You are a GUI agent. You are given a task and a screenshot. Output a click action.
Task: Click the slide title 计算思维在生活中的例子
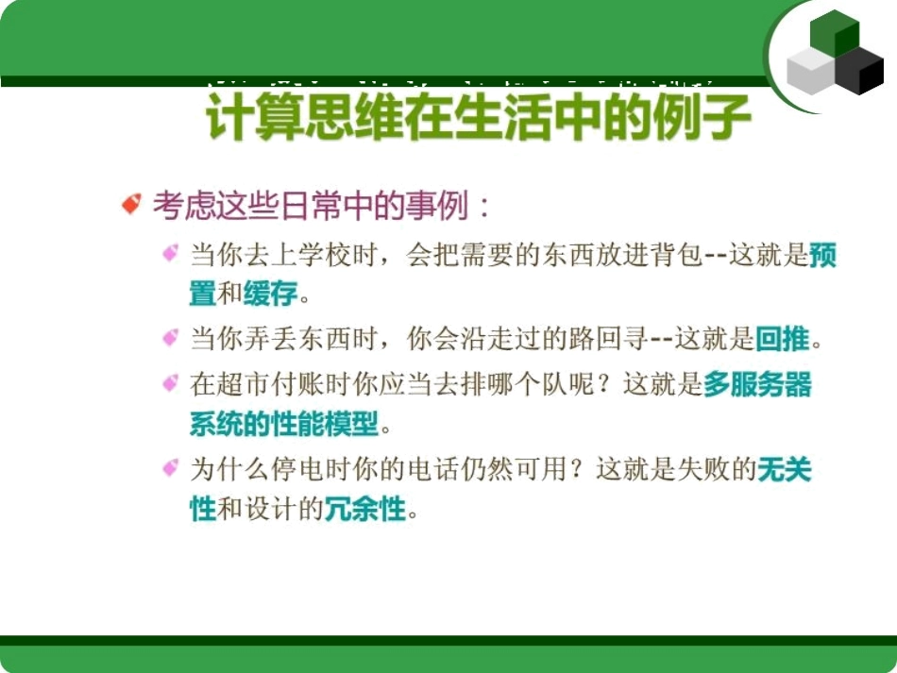pos(479,120)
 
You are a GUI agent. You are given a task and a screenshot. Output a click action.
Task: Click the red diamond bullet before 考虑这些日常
pos(131,204)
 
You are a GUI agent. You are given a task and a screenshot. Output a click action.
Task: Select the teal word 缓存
pos(270,294)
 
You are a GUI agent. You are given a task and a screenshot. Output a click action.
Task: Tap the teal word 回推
pos(784,338)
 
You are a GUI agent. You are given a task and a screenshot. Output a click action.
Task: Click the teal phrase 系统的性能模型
pos(283,424)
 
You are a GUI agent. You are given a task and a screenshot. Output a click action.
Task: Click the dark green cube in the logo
pos(835,32)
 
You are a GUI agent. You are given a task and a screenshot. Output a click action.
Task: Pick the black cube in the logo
pos(860,72)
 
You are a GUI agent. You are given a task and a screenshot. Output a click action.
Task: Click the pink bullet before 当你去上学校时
pos(171,253)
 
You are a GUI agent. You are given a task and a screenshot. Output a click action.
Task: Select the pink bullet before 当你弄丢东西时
pos(171,337)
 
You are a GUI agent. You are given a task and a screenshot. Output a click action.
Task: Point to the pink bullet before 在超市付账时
pos(171,383)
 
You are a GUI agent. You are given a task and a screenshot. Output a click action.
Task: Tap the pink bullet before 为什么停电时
pos(171,468)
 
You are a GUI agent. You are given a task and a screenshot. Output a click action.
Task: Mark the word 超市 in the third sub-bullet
pos(245,384)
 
